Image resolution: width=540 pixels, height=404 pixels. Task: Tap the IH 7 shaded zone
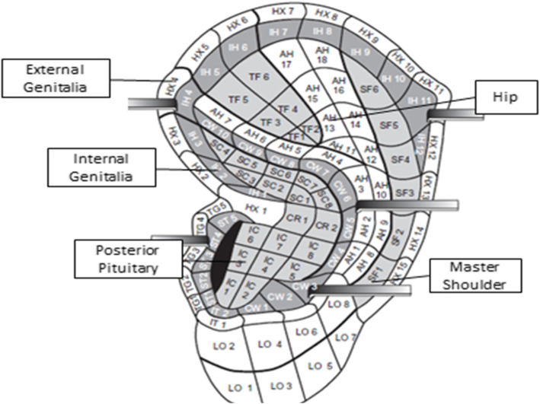coord(278,32)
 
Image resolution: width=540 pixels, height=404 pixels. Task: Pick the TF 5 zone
coord(239,100)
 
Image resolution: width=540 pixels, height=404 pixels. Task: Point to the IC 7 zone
coord(280,245)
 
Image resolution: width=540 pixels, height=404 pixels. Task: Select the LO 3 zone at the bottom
coord(280,380)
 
